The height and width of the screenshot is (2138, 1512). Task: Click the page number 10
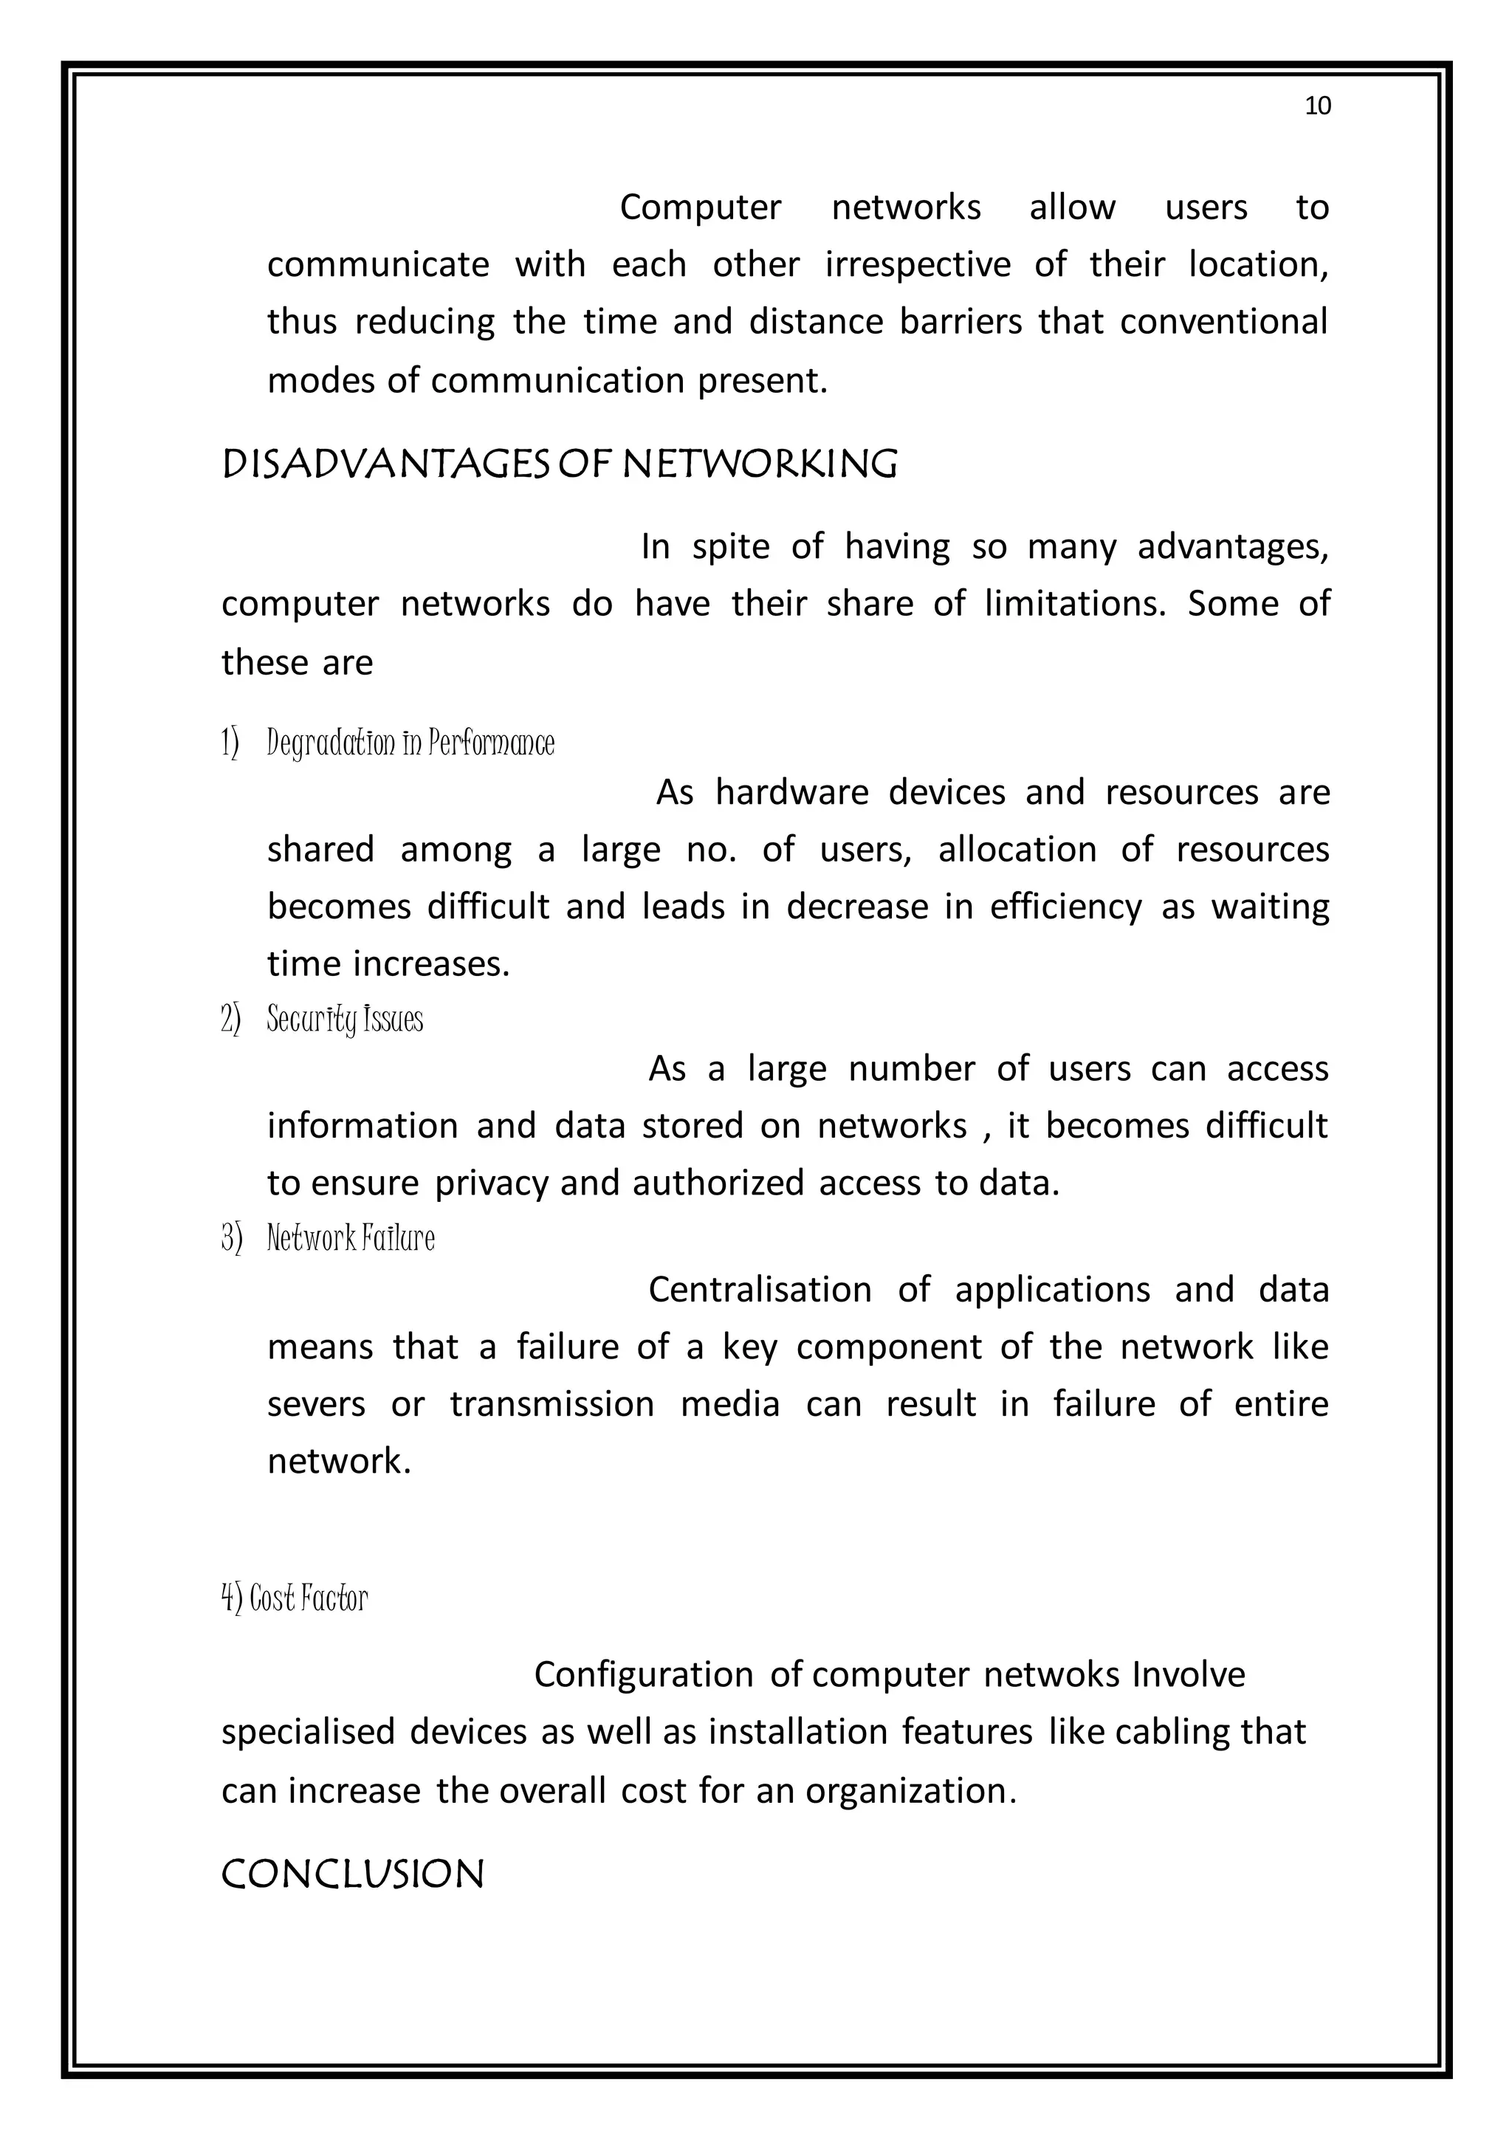click(1317, 106)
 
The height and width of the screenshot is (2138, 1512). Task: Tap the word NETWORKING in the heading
click(759, 464)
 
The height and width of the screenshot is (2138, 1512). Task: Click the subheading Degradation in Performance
click(410, 743)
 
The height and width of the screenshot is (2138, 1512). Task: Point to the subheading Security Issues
click(345, 1020)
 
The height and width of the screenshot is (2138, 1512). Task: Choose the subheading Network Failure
click(350, 1239)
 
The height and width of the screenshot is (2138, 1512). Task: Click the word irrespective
click(917, 265)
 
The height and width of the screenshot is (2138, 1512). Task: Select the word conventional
click(1223, 322)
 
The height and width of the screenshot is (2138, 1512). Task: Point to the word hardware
click(791, 792)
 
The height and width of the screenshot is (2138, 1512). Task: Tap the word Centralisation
click(760, 1290)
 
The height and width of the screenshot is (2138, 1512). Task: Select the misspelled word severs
click(317, 1404)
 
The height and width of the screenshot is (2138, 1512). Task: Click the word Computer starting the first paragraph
click(700, 207)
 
